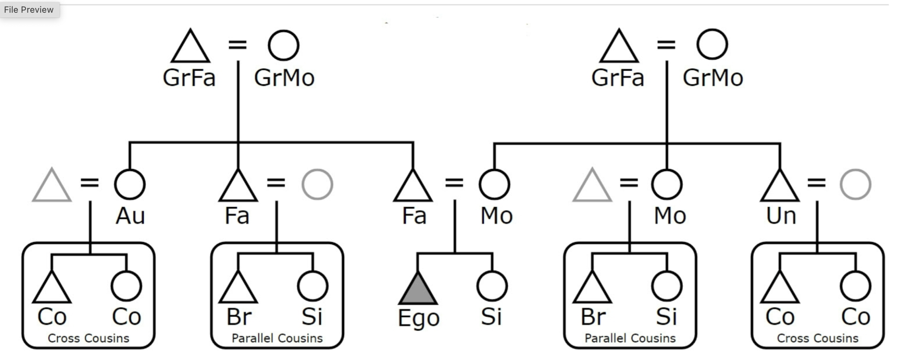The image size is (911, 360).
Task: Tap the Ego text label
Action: pyautogui.click(x=419, y=318)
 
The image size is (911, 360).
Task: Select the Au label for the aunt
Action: pyautogui.click(x=130, y=217)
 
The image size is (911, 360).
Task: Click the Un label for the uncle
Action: pyautogui.click(x=781, y=217)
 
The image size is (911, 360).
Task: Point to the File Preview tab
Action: pyautogui.click(x=29, y=10)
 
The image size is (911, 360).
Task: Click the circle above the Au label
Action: pyautogui.click(x=130, y=184)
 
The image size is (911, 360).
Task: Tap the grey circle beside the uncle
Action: pyautogui.click(x=856, y=184)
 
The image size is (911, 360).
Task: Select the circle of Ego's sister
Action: pyautogui.click(x=492, y=286)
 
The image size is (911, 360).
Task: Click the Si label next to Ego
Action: pyautogui.click(x=491, y=317)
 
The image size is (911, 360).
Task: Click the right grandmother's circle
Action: pyautogui.click(x=712, y=45)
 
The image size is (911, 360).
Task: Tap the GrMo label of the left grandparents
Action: pyautogui.click(x=284, y=78)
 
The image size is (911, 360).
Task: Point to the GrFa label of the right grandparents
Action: pyautogui.click(x=618, y=78)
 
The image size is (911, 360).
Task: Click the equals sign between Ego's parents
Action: pyautogui.click(x=454, y=183)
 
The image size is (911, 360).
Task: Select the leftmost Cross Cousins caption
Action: pyautogui.click(x=88, y=338)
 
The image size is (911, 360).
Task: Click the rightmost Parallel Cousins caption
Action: pyautogui.click(x=630, y=338)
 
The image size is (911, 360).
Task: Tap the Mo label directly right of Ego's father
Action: pyautogui.click(x=496, y=217)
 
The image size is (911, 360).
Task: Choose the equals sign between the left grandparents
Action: pyautogui.click(x=238, y=45)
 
